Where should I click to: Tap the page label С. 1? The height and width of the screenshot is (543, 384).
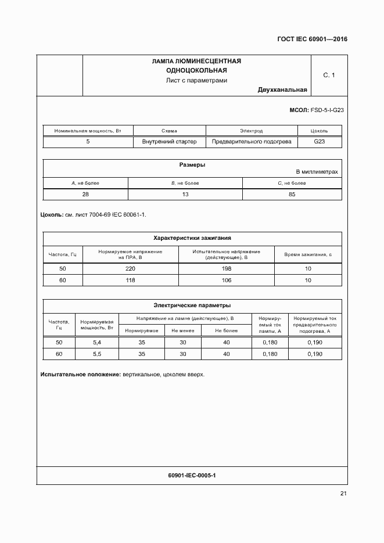(x=329, y=75)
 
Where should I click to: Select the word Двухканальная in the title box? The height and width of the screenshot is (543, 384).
(x=282, y=90)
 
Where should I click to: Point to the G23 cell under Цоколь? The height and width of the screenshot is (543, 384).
(x=320, y=141)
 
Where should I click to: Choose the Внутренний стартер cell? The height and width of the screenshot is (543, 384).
(x=169, y=141)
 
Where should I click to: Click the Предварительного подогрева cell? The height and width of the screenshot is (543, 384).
(x=251, y=141)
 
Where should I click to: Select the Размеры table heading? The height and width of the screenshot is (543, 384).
(x=192, y=165)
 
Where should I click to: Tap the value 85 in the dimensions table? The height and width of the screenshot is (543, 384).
(x=292, y=194)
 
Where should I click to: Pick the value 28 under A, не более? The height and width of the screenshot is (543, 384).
(x=85, y=194)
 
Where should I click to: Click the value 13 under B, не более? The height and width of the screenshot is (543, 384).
(x=185, y=194)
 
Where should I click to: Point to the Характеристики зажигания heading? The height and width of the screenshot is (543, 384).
(x=192, y=238)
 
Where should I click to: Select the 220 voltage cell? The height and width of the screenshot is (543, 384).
(x=130, y=268)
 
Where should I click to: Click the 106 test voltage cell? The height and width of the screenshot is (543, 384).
(x=227, y=280)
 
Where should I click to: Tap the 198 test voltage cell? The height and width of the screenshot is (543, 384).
(x=227, y=268)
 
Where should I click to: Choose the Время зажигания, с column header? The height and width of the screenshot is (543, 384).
(x=308, y=254)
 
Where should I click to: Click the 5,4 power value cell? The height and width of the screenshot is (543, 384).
(x=96, y=342)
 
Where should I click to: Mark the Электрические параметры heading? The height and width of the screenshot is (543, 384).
(x=192, y=305)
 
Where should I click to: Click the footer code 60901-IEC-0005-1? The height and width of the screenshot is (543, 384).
(x=192, y=476)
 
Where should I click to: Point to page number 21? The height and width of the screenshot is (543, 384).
(x=343, y=494)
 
